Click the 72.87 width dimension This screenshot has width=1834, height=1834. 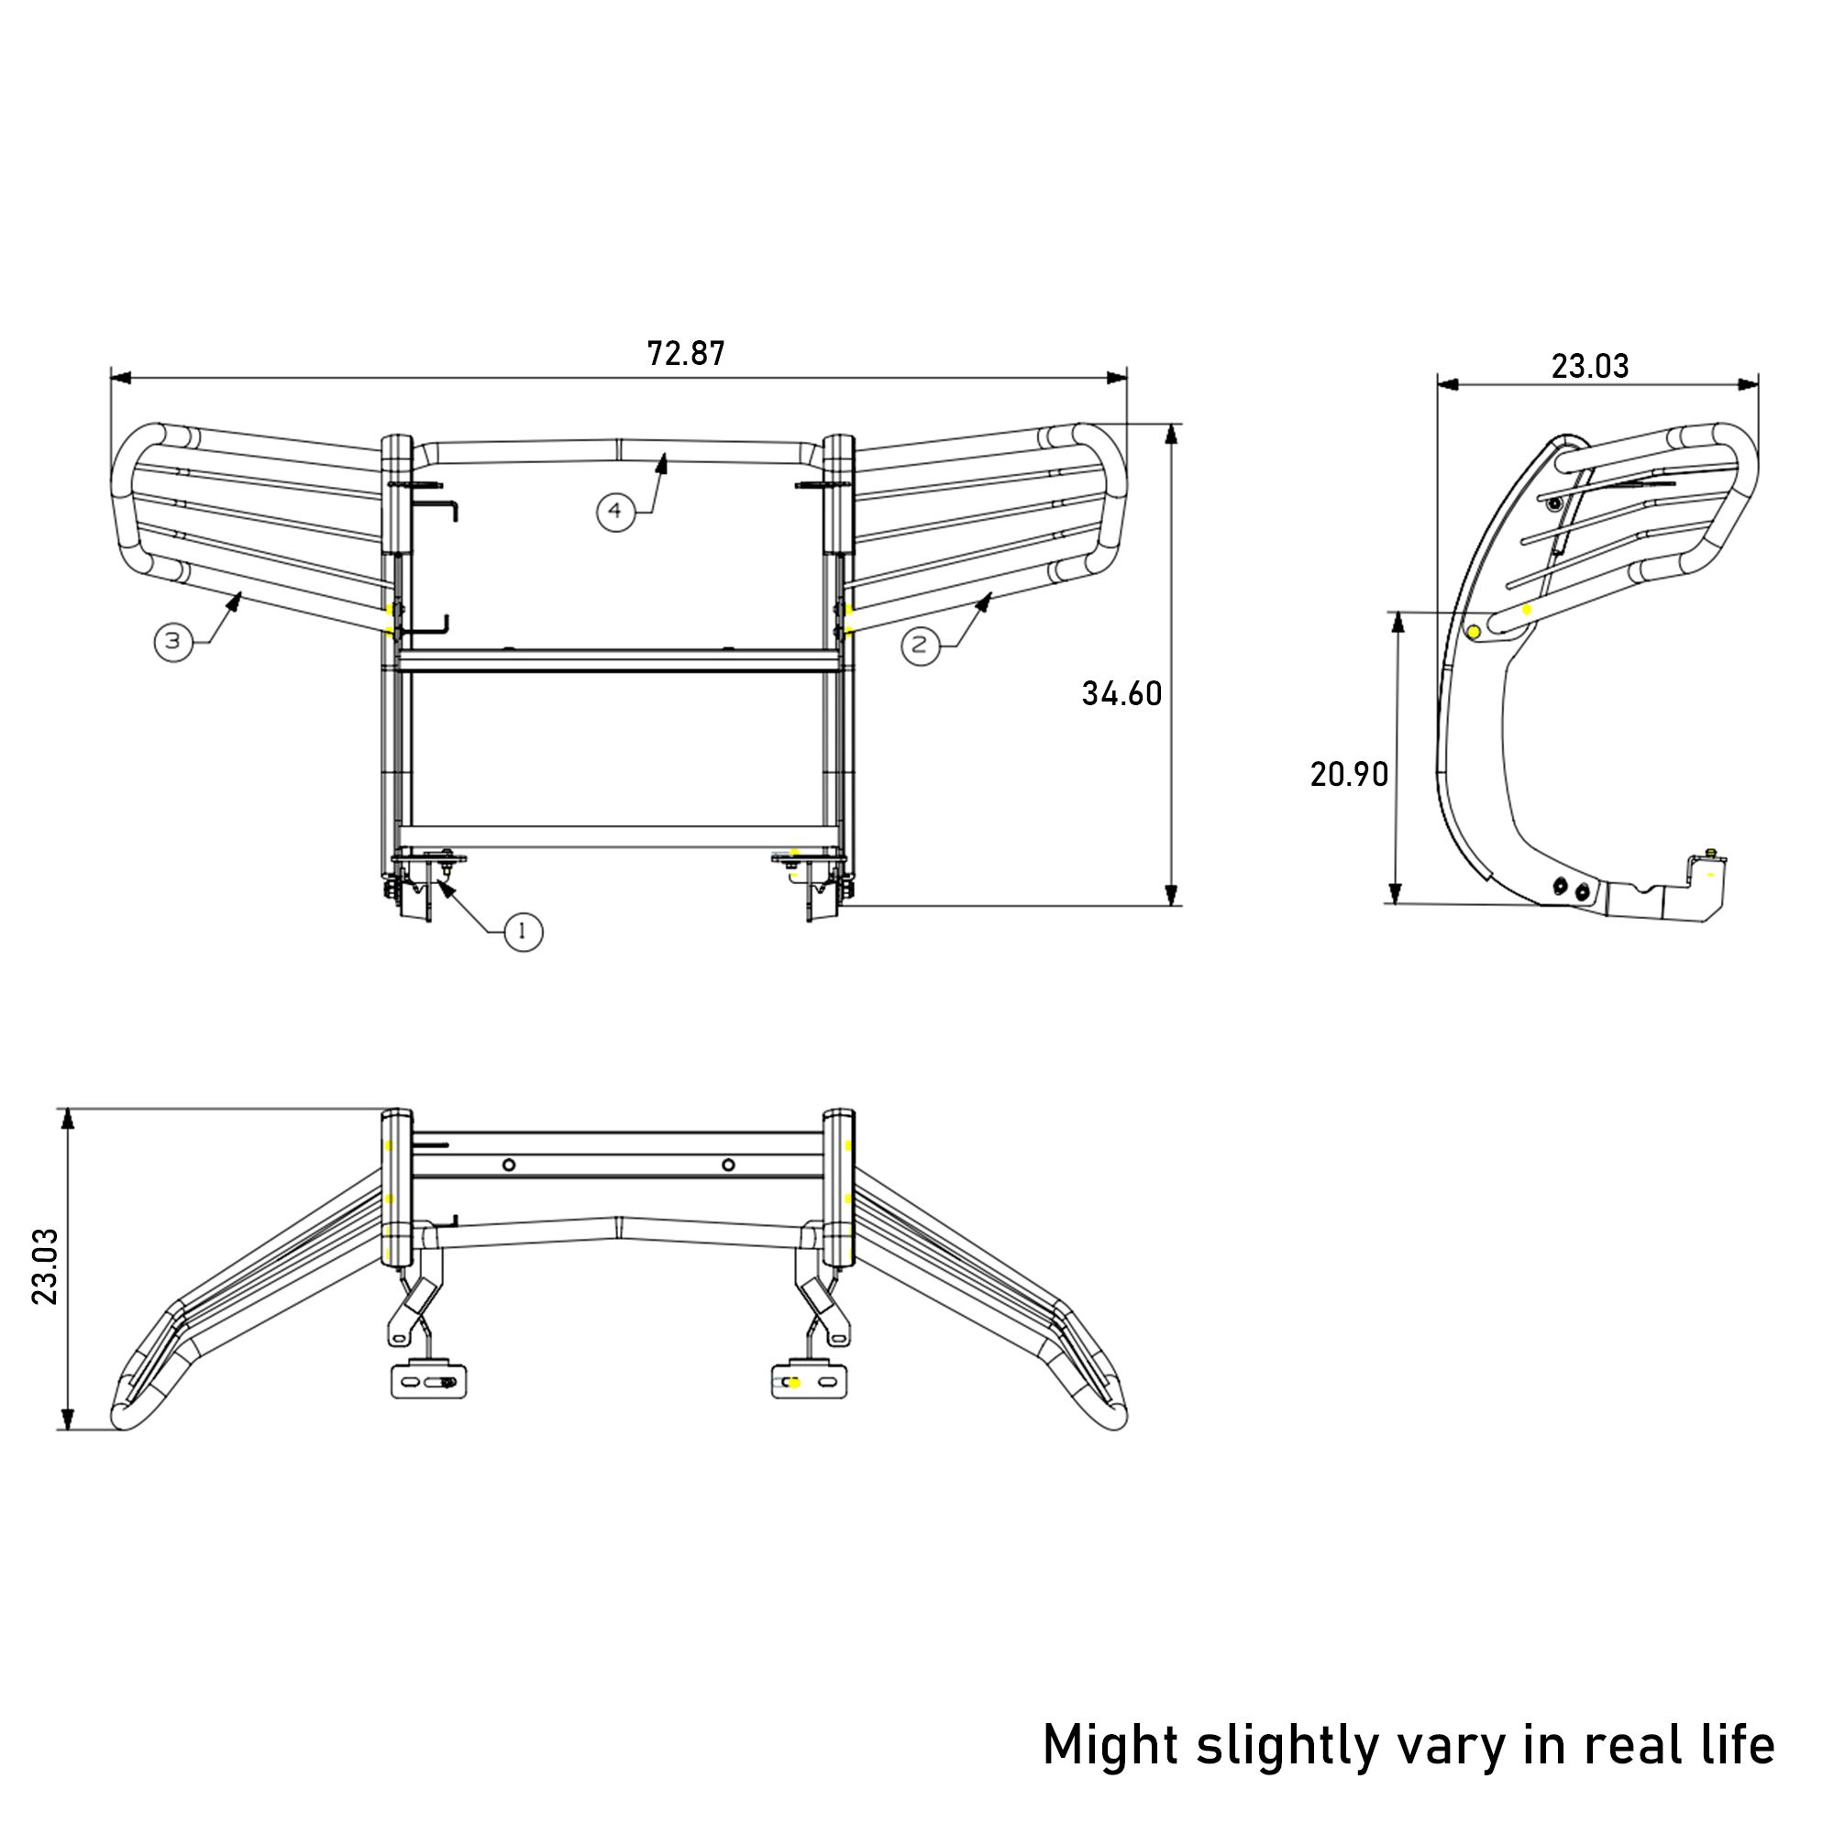coord(685,353)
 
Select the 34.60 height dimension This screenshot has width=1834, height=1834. coord(1121,694)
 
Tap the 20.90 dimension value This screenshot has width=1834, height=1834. coord(1349,775)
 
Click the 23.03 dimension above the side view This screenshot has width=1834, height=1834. coord(1590,366)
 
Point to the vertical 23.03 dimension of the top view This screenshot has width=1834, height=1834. coord(46,1266)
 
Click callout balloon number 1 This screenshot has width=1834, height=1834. coord(523,933)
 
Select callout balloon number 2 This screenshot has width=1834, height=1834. coord(919,646)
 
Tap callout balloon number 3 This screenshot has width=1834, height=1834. coord(173,642)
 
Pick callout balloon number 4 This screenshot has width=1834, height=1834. coord(615,512)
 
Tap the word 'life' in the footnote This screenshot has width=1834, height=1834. coord(1736,1743)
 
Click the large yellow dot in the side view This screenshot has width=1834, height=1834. coord(1475,632)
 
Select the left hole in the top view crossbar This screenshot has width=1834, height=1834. coord(509,1165)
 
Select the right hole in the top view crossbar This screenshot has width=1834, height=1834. coord(728,1165)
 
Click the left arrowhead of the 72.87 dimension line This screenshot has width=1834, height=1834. coord(120,378)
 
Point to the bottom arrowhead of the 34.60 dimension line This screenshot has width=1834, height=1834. coord(1171,894)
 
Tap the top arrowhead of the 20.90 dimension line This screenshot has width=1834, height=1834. coord(1397,623)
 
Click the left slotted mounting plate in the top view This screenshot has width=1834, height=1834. coord(430,1381)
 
